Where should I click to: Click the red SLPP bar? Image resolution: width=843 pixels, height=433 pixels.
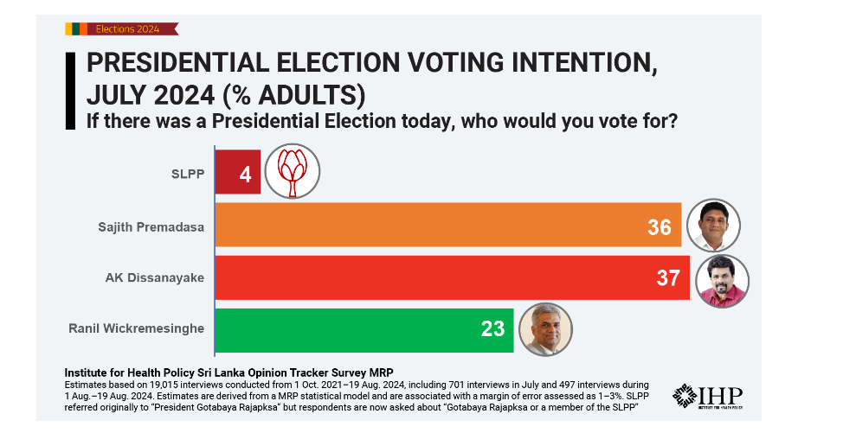(238, 172)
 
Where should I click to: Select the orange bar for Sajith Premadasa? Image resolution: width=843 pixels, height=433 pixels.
(448, 225)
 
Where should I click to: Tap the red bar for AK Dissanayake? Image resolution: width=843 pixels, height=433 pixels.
(453, 277)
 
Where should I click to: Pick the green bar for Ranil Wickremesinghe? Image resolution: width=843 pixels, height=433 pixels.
(364, 330)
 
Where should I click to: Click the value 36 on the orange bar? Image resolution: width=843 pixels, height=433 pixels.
(660, 227)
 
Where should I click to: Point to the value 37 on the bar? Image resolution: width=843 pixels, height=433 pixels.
(668, 278)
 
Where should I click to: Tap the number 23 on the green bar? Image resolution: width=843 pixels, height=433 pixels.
(493, 329)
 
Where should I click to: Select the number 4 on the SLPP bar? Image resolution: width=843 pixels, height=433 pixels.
(245, 175)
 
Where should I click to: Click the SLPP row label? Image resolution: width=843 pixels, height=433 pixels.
(188, 174)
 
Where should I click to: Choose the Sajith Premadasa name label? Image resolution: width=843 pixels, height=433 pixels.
(151, 227)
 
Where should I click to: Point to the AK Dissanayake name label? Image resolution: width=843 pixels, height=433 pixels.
(155, 278)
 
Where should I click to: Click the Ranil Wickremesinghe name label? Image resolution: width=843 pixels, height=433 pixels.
(136, 328)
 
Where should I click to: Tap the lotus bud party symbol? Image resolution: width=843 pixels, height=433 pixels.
(293, 171)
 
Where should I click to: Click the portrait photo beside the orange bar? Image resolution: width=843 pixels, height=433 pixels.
(713, 226)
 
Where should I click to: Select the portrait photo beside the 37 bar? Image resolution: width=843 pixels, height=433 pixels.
(722, 281)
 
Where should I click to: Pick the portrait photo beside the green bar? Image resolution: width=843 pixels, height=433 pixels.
(545, 329)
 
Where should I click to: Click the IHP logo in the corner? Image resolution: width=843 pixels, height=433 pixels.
(707, 397)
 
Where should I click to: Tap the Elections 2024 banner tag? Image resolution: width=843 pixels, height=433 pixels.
(121, 29)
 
